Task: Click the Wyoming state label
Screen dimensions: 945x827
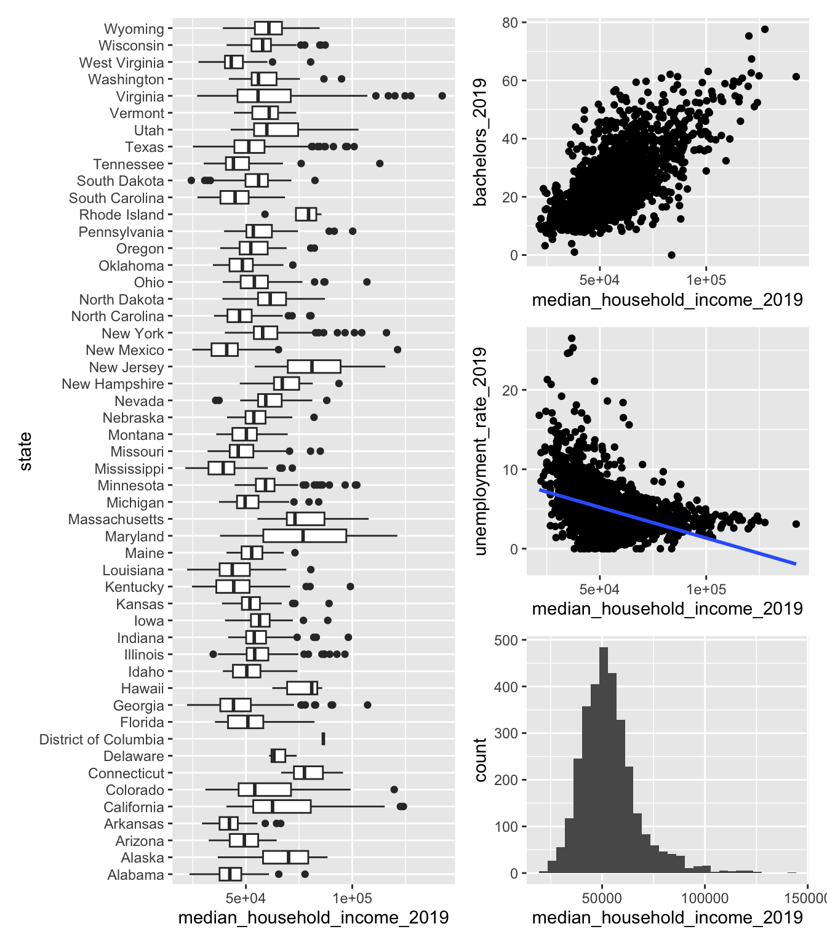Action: (134, 29)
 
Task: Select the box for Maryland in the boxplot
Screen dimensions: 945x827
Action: (305, 536)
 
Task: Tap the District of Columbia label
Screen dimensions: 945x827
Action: (102, 740)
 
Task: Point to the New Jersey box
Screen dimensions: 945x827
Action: (314, 367)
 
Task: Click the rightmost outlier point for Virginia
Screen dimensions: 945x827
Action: (442, 96)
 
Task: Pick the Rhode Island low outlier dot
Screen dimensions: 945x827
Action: (265, 215)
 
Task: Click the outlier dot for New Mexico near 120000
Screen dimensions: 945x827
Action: (398, 349)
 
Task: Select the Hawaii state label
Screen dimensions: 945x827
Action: (142, 688)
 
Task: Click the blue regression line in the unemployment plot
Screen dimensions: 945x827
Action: (677, 524)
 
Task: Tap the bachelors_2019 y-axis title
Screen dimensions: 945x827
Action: (481, 142)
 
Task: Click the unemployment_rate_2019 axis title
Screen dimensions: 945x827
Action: (481, 451)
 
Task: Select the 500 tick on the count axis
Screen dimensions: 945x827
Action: (506, 640)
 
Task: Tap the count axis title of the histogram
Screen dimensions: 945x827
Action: (481, 760)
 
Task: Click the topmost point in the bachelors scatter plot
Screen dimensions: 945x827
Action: (765, 30)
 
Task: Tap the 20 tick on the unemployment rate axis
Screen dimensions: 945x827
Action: (510, 390)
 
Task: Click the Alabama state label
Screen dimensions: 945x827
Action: (135, 875)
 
